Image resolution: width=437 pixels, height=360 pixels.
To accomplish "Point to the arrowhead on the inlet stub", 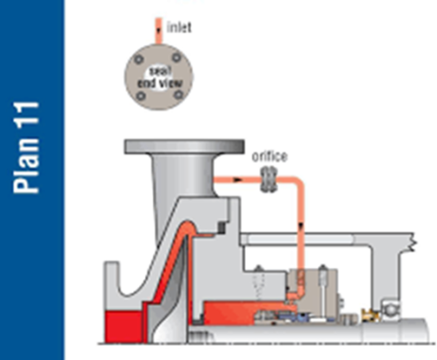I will [159, 31].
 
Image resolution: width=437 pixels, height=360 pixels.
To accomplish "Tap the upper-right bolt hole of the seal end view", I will [179, 57].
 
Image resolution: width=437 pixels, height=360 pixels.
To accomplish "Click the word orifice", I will [270, 156].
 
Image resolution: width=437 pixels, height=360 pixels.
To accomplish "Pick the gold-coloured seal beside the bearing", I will [371, 315].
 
